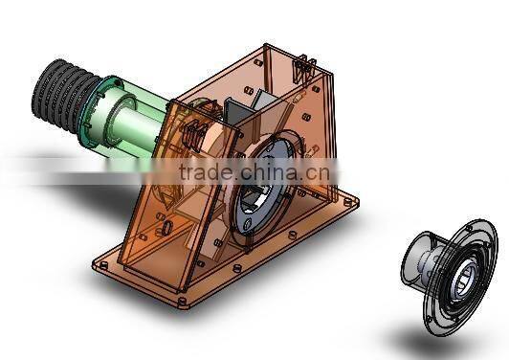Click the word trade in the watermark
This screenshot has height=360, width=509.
point(208,172)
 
